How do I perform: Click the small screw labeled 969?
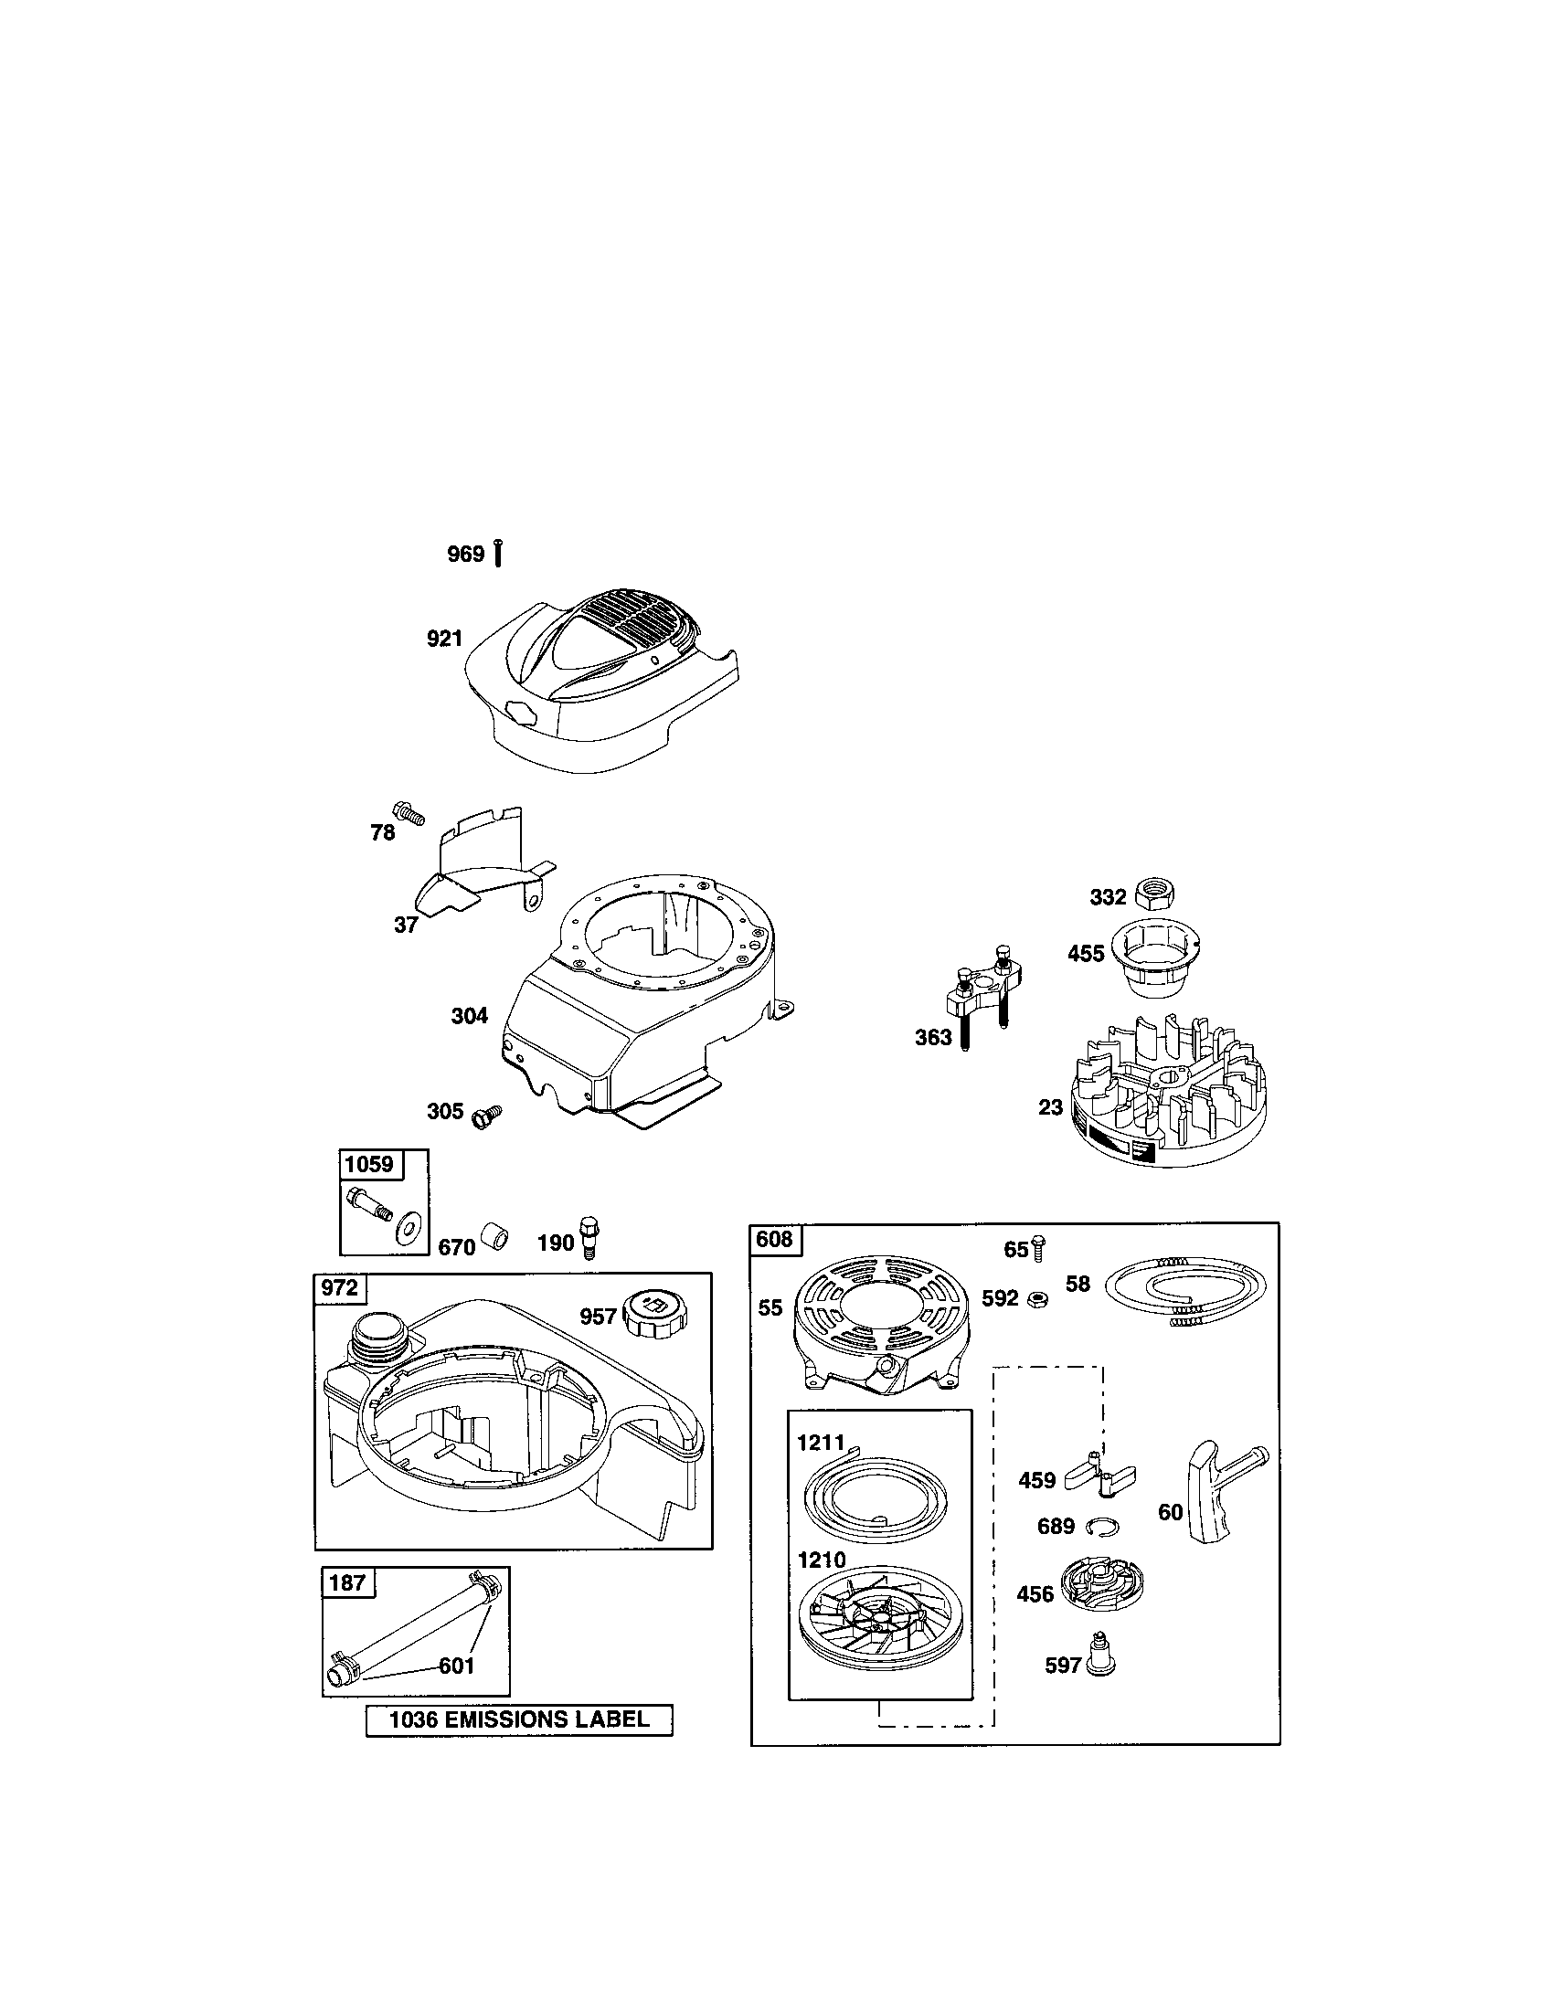(x=498, y=552)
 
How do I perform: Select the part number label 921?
(x=444, y=639)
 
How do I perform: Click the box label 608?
(x=774, y=1240)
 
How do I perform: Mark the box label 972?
(x=340, y=1288)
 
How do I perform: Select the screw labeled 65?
(x=1039, y=1249)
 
